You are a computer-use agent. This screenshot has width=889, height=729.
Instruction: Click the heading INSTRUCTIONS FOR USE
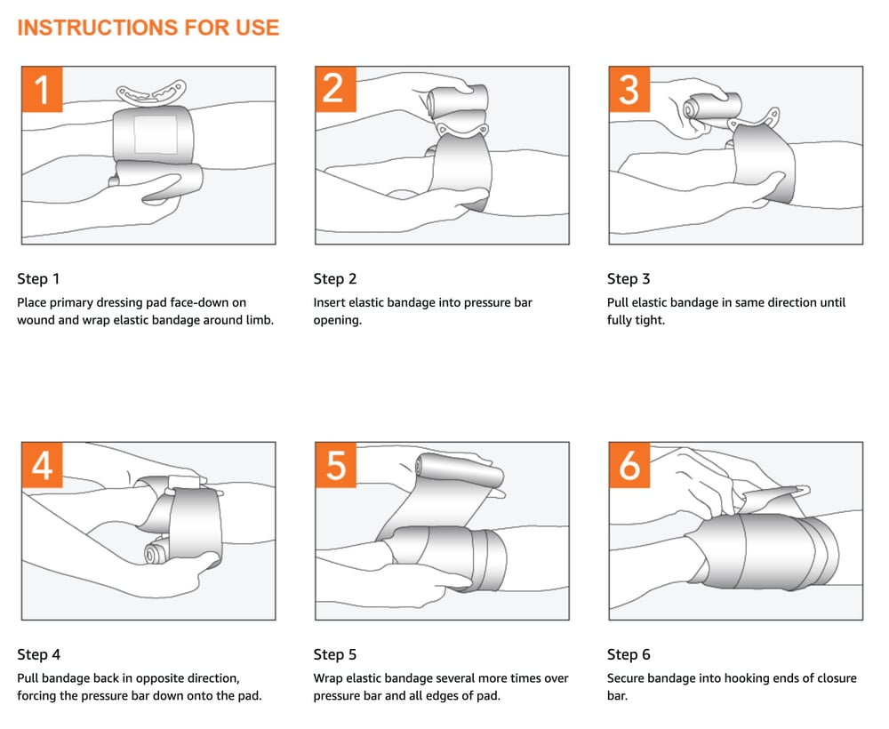[148, 28]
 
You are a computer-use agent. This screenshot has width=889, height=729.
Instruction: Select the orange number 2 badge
[335, 89]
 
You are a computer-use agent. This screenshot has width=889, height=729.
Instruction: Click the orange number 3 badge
[629, 89]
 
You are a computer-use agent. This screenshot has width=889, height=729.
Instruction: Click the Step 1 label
[38, 279]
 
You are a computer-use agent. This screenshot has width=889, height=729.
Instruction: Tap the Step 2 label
[334, 279]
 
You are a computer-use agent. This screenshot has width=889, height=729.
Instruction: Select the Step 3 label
[629, 279]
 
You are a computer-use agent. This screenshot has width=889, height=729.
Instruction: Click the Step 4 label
[38, 654]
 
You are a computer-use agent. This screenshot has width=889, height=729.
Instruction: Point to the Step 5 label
[334, 654]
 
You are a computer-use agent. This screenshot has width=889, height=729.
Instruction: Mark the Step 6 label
[629, 654]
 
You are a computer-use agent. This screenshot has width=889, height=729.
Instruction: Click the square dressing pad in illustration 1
[156, 133]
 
